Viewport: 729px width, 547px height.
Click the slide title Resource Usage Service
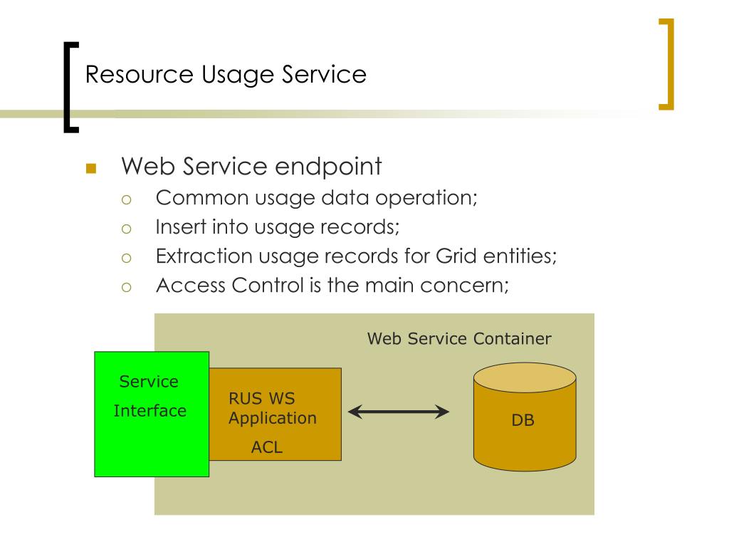(226, 75)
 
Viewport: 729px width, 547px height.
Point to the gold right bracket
(667, 64)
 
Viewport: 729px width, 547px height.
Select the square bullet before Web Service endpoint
(90, 169)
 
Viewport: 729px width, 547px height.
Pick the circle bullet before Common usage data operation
(127, 199)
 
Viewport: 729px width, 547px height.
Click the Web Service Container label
(459, 339)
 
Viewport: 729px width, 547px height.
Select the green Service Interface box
(152, 442)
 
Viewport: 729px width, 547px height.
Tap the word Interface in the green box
(150, 411)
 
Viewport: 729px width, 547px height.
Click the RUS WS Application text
(272, 408)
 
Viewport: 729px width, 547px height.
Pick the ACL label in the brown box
(267, 447)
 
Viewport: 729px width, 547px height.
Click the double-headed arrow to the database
(399, 411)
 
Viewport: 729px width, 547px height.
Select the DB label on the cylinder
(523, 420)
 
